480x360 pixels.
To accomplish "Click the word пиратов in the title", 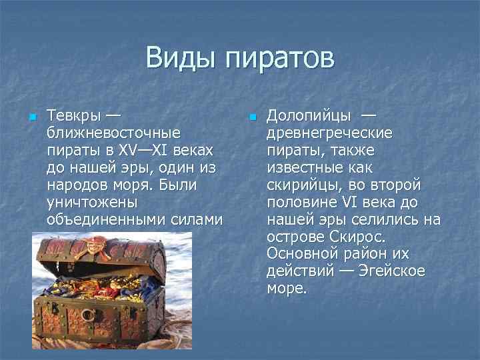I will (279, 59).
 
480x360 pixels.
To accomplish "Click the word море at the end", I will (287, 289).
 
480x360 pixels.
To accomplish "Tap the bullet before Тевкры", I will (33, 117).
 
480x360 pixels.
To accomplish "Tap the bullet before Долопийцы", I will (252, 117).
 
